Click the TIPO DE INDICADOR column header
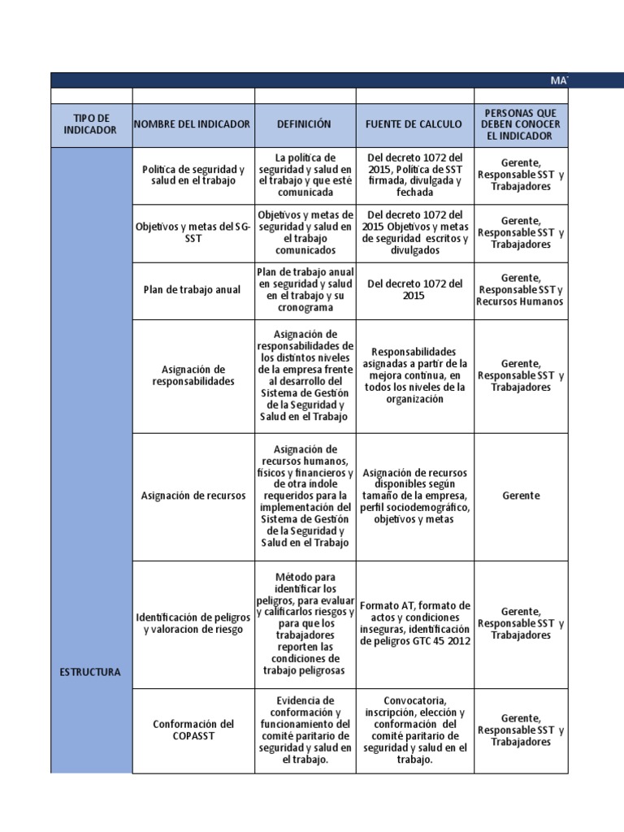[90, 124]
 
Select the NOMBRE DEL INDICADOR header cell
[193, 124]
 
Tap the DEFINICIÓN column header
[305, 124]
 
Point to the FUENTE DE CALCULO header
[414, 124]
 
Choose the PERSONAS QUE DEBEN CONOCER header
[520, 124]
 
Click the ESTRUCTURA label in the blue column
[90, 672]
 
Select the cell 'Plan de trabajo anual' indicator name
[193, 290]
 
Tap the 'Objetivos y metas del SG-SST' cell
[193, 232]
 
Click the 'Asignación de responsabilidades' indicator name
[193, 375]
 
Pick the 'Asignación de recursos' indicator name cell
[193, 496]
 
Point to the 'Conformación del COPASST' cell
[193, 730]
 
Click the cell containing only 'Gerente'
[520, 496]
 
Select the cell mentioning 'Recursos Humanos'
[520, 290]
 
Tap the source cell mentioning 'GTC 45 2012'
[414, 623]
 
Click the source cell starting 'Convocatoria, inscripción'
[414, 730]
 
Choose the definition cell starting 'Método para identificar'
[305, 623]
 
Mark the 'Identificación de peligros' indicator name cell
[193, 623]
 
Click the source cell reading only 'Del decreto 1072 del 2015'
[414, 290]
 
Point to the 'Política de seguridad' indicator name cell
[193, 175]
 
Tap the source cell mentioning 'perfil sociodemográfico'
[414, 496]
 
